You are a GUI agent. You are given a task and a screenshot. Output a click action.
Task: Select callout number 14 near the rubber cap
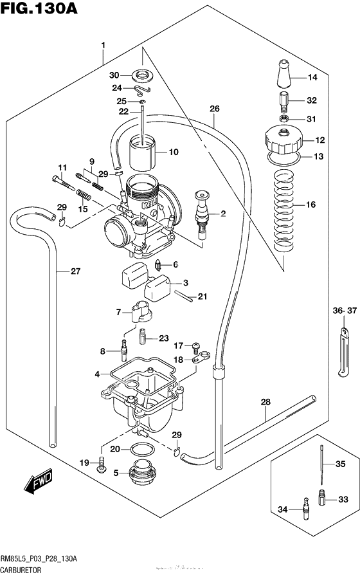pos(313,78)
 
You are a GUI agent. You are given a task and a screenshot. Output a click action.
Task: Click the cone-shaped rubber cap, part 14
pos(283,76)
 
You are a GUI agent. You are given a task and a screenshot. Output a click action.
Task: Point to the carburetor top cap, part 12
pos(283,139)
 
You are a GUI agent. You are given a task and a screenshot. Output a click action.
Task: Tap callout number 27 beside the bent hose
pos(75,271)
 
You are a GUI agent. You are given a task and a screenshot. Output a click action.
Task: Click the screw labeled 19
pos(101,464)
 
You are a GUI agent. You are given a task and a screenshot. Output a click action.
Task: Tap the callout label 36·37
pos(344,311)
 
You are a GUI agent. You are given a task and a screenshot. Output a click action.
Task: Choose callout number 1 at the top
pos(102,44)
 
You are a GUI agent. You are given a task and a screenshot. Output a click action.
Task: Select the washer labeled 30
pos(142,74)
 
